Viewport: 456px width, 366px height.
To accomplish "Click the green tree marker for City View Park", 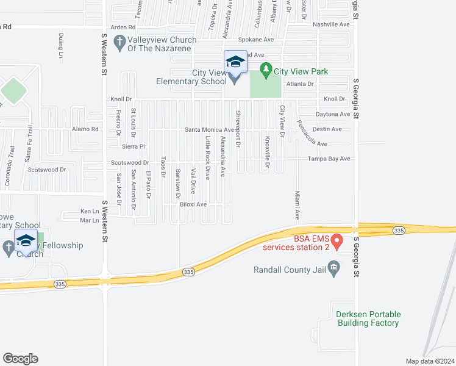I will coord(265,71).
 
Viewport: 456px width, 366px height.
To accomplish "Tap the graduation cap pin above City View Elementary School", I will coord(235,62).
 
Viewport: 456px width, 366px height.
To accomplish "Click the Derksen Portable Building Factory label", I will coord(368,319).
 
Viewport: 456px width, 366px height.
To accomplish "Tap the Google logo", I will coord(20,359).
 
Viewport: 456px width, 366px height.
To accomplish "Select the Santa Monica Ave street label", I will coord(209,130).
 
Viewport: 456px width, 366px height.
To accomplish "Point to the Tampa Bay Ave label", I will coord(329,159).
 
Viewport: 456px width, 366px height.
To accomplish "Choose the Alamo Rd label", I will coord(85,129).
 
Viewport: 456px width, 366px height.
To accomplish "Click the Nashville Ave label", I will coord(331,24).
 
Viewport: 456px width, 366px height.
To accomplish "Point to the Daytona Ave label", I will coord(333,114).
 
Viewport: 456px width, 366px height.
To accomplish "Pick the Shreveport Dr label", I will coord(238,129).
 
